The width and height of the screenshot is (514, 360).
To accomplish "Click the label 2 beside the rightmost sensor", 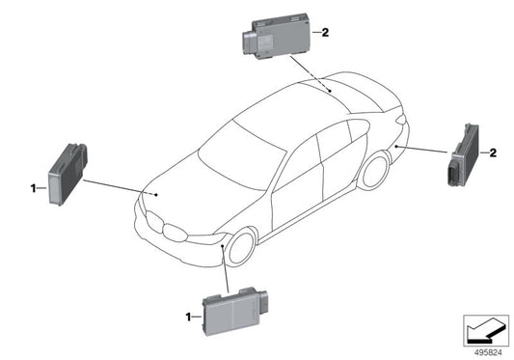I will (493, 152).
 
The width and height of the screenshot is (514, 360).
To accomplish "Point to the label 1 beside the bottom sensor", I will (186, 316).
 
